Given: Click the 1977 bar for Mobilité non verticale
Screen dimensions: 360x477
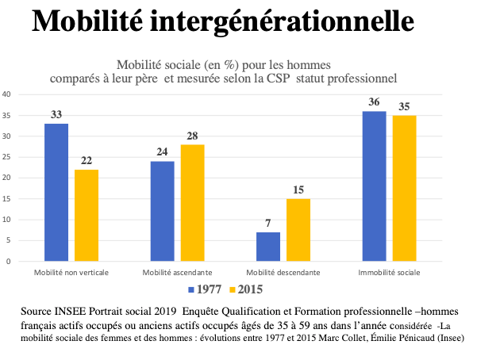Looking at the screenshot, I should pos(56,192).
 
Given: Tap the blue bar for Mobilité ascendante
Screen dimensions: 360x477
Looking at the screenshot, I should pos(162,211).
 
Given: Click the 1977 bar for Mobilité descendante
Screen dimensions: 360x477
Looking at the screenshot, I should pos(268,247).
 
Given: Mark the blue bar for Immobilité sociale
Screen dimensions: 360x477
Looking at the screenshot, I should pos(375,186).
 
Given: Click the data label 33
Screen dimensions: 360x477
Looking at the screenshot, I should pos(56,115).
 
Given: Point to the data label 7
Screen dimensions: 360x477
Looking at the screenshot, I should pos(268,224).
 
